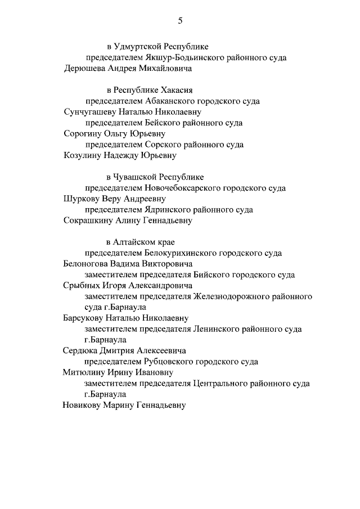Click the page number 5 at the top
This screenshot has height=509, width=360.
181,21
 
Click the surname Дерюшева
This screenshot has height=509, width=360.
86,69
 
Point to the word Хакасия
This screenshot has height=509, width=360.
179,89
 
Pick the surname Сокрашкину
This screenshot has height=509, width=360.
90,220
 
